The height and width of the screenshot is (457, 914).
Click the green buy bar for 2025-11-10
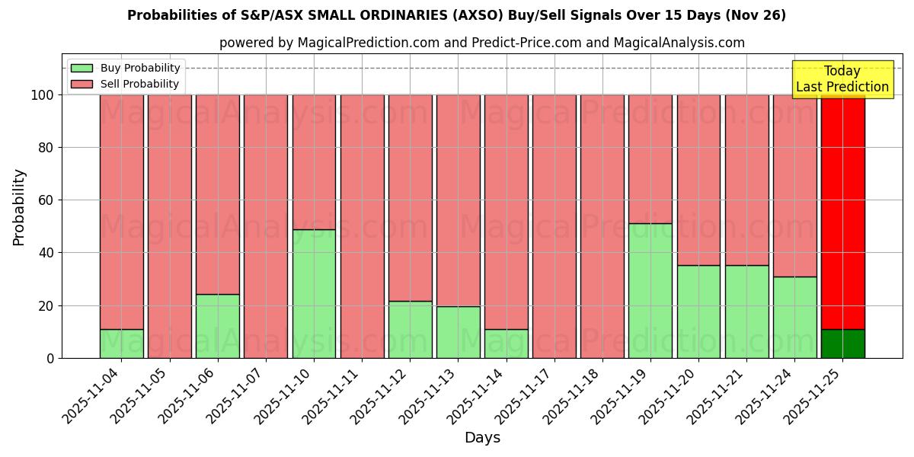[x=314, y=293]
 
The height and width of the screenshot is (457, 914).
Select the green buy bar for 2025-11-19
[x=650, y=290]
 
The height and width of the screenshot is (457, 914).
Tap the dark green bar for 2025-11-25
[x=842, y=344]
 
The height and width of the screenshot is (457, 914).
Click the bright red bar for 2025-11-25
[x=842, y=212]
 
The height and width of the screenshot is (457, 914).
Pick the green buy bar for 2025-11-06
[x=218, y=326]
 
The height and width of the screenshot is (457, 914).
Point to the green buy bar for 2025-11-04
[x=122, y=344]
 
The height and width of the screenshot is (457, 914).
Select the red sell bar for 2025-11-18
[x=602, y=226]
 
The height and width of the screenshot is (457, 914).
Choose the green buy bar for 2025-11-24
[x=794, y=317]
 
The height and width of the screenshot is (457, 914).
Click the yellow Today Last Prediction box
[x=842, y=79]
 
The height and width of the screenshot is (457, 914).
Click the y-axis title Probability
[x=19, y=207]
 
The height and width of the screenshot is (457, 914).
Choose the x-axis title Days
[x=482, y=438]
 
